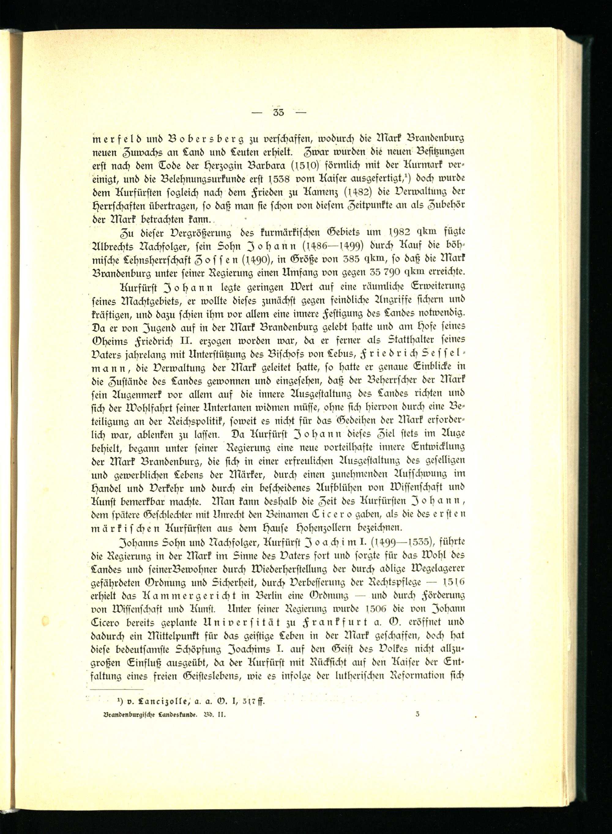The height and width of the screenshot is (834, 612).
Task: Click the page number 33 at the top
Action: click(278, 113)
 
